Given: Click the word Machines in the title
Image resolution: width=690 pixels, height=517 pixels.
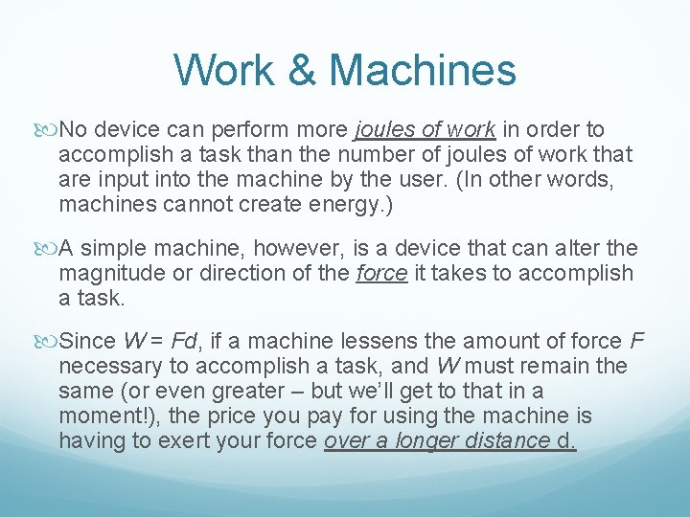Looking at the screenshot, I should pos(422,70).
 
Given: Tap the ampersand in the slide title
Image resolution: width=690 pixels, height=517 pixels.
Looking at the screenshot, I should pos(298,70).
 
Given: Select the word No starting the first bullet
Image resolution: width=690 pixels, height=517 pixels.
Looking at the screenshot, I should pos(74,129).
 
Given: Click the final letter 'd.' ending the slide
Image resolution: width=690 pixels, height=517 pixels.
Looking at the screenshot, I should pos(567,440).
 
